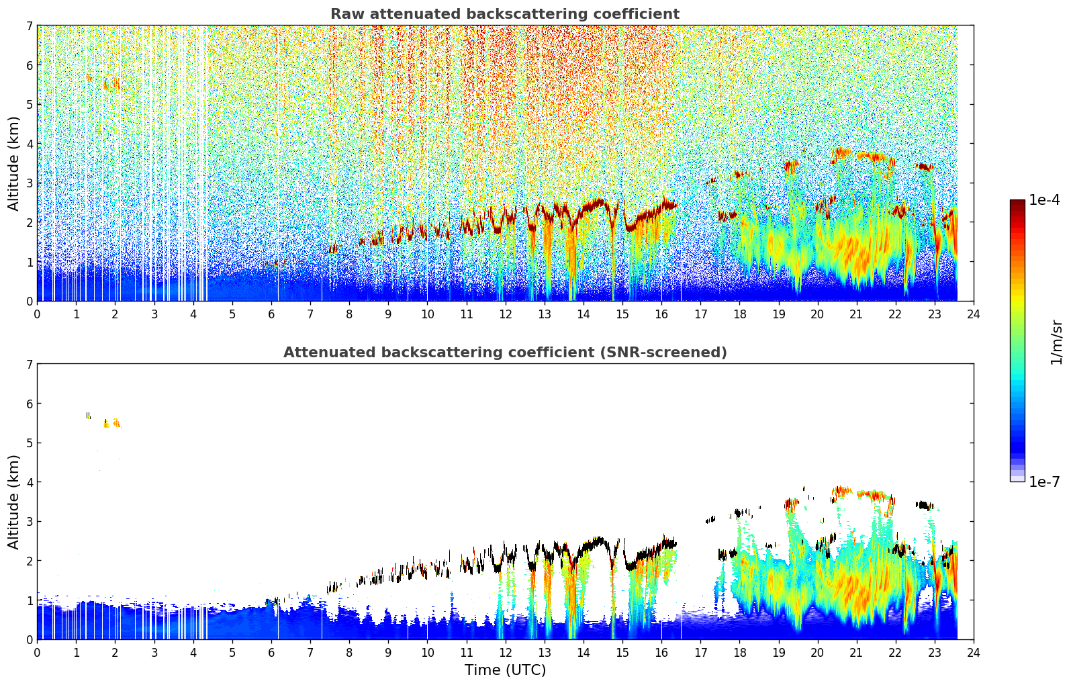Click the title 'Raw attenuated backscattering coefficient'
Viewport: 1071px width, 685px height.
pos(504,14)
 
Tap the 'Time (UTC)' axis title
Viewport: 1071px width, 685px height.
pos(505,670)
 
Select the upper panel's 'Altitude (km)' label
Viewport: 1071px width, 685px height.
pos(13,163)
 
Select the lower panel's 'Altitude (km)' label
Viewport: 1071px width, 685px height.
pos(13,502)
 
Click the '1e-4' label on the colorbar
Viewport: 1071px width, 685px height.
pos(1044,200)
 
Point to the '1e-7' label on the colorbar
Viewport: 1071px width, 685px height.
pos(1044,482)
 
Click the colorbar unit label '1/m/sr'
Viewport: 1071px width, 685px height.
pos(1056,341)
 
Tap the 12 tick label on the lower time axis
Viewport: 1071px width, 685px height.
pos(505,653)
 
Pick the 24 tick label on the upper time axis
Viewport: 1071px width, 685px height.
pos(973,314)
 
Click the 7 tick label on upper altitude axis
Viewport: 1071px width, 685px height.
pos(29,26)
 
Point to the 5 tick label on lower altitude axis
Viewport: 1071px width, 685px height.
pos(29,443)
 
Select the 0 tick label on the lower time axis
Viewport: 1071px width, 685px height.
pos(37,653)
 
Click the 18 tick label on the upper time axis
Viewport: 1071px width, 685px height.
pos(739,314)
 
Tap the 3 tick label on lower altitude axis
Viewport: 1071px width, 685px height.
pos(29,522)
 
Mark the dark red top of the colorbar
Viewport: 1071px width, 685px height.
pos(1017,203)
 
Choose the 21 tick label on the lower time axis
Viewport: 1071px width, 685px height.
pos(856,653)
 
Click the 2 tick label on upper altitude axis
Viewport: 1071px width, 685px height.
pos(29,222)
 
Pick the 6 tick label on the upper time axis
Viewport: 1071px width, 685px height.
pos(271,314)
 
